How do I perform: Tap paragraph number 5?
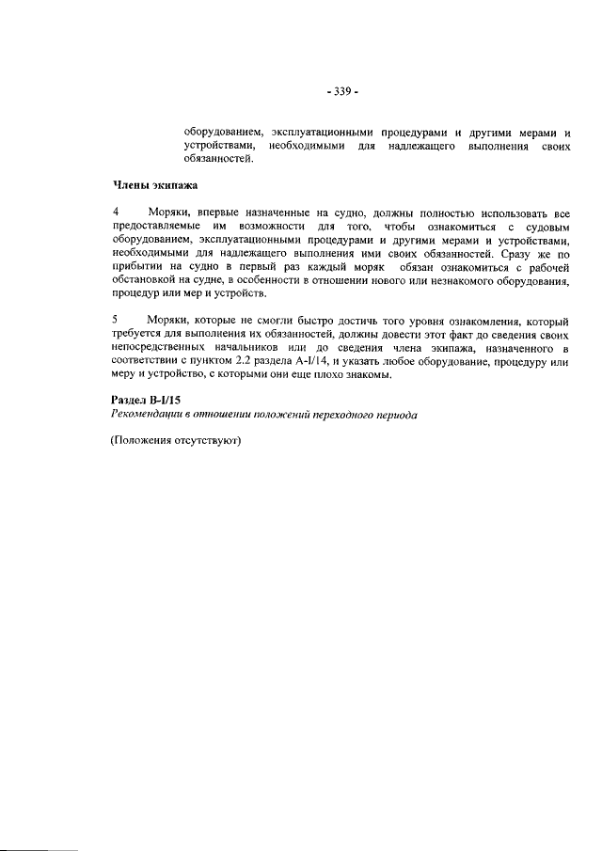[x=114, y=321]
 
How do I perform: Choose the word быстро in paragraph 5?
[x=298, y=321]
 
